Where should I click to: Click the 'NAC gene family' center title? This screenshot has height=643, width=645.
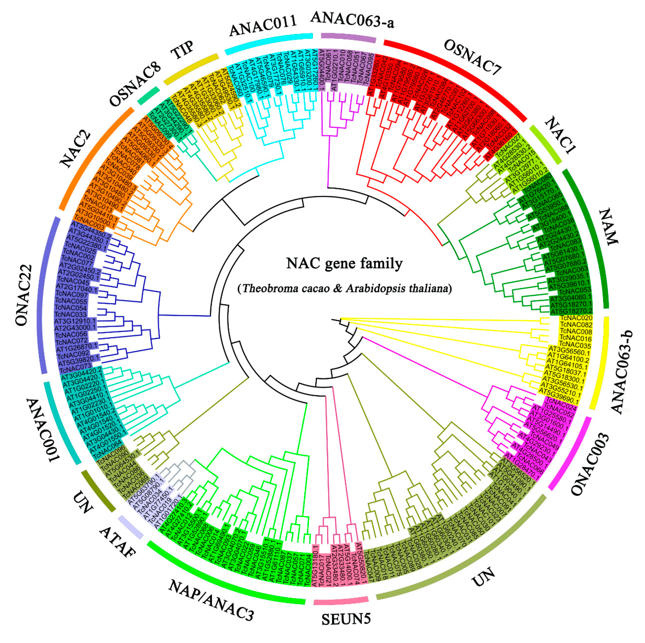[x=344, y=263]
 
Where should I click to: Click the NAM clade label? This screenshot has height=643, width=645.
[x=609, y=226]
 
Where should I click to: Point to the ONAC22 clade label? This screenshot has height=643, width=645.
[x=24, y=295]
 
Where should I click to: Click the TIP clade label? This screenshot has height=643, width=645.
[x=182, y=50]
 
